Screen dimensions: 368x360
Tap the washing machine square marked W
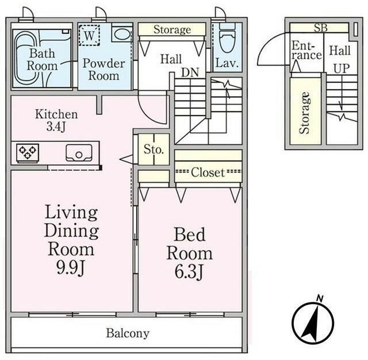(89, 35)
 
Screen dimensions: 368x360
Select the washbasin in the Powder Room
(122, 35)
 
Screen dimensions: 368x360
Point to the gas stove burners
(28, 152)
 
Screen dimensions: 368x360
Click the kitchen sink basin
(79, 152)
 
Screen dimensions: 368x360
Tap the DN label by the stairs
(190, 72)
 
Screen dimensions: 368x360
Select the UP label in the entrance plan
(342, 68)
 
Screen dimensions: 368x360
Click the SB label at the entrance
(321, 28)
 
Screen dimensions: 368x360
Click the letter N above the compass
(320, 298)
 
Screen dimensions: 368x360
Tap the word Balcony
(128, 333)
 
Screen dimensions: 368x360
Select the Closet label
(208, 173)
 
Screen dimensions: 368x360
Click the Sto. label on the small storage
(154, 150)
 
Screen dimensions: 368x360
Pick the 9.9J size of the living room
(70, 267)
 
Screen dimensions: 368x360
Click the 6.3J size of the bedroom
(189, 271)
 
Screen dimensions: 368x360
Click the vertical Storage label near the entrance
(305, 113)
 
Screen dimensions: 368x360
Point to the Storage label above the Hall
(172, 29)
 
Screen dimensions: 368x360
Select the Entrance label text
(306, 51)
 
